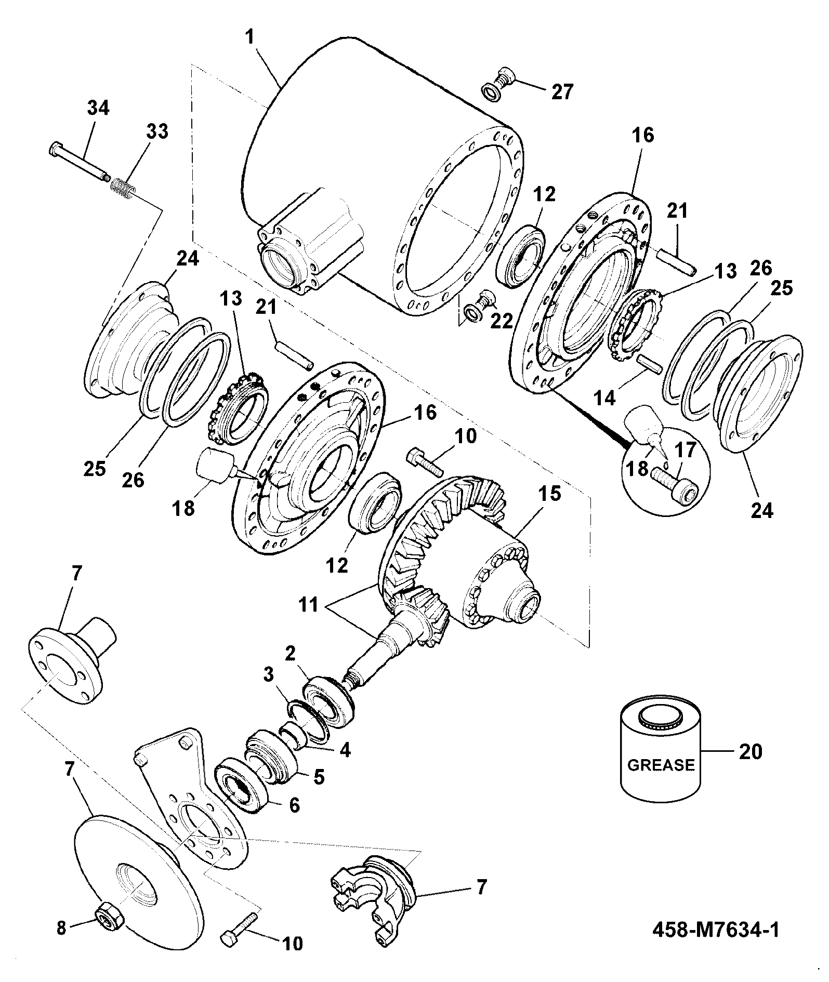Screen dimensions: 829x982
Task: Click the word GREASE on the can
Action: [x=661, y=765]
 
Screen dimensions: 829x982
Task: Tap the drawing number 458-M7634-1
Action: [x=716, y=930]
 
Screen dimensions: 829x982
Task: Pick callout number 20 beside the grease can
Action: [x=750, y=751]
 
